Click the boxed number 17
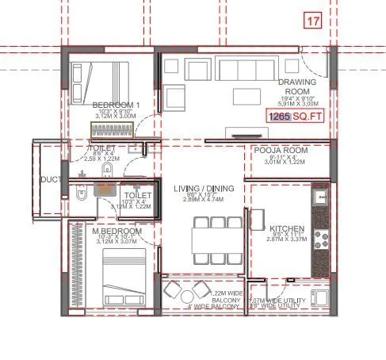pos(313,21)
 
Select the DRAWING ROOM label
pos(297,86)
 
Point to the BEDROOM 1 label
pos(116,105)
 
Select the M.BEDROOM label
pos(118,232)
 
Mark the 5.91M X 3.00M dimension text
pos(297,103)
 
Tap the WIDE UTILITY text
pos(277,305)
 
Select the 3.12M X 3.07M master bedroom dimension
pos(118,243)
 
